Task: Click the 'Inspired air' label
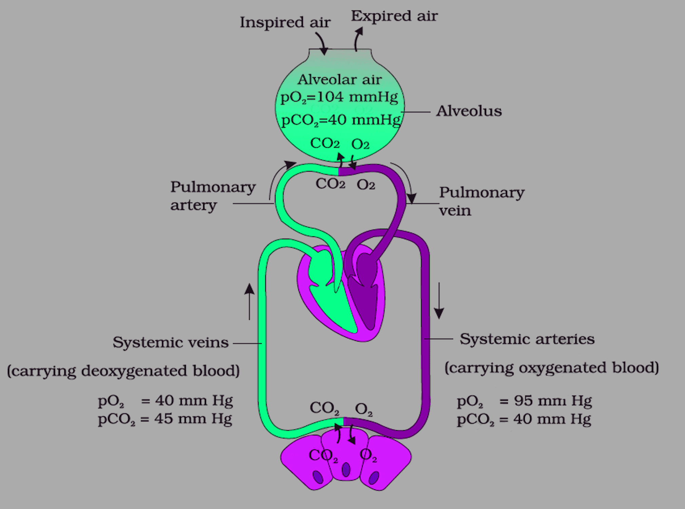(285, 22)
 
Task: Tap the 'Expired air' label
(394, 16)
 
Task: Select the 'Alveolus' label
(469, 111)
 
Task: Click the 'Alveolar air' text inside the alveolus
(339, 80)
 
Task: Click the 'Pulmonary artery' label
(213, 196)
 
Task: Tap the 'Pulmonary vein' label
(482, 201)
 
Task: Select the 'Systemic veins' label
(171, 342)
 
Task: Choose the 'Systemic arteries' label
(527, 339)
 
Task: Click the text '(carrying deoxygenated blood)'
(123, 371)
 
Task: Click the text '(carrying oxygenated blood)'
(552, 368)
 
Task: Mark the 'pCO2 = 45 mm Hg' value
(165, 419)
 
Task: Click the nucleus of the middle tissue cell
(346, 470)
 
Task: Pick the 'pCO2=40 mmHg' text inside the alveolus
(341, 120)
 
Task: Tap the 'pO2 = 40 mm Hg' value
(165, 401)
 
